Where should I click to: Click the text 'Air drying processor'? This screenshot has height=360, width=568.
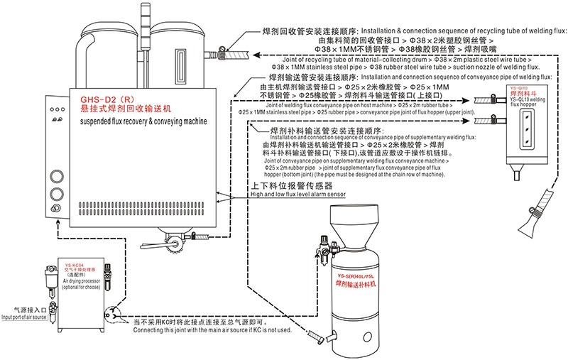click(84, 281)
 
